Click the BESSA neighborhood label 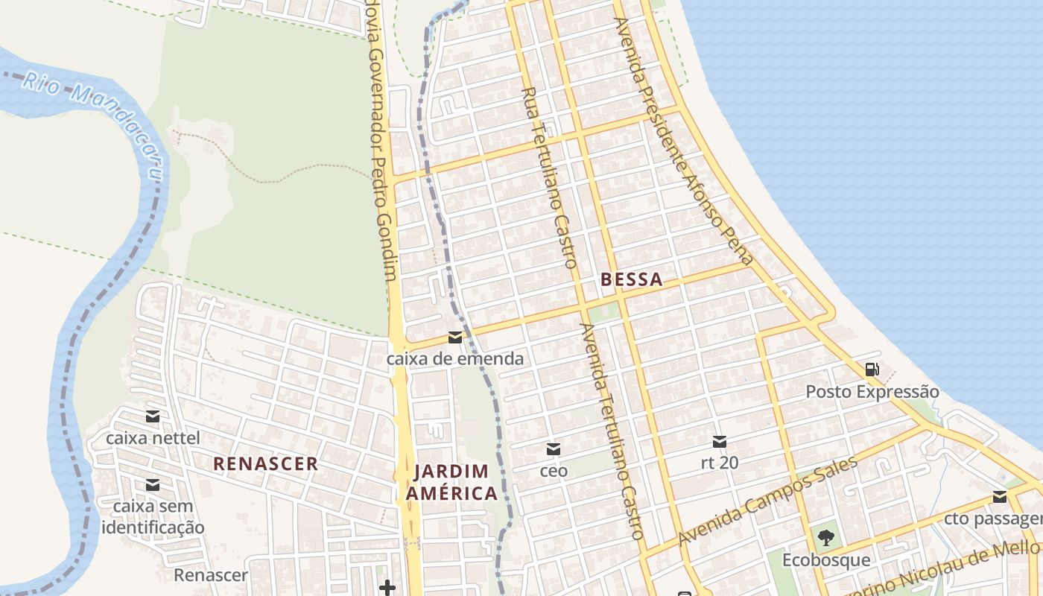631,280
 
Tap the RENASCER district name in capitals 265,463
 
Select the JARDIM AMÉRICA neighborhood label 456,482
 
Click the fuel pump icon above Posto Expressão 872,369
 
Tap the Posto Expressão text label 872,392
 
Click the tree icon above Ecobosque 825,537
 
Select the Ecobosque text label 825,559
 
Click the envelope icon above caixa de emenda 454,337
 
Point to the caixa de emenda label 454,359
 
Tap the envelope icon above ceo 553,449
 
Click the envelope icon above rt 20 720,441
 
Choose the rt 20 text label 720,463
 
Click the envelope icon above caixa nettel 153,416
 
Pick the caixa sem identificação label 153,517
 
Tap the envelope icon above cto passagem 1000,497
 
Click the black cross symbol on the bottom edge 387,588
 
